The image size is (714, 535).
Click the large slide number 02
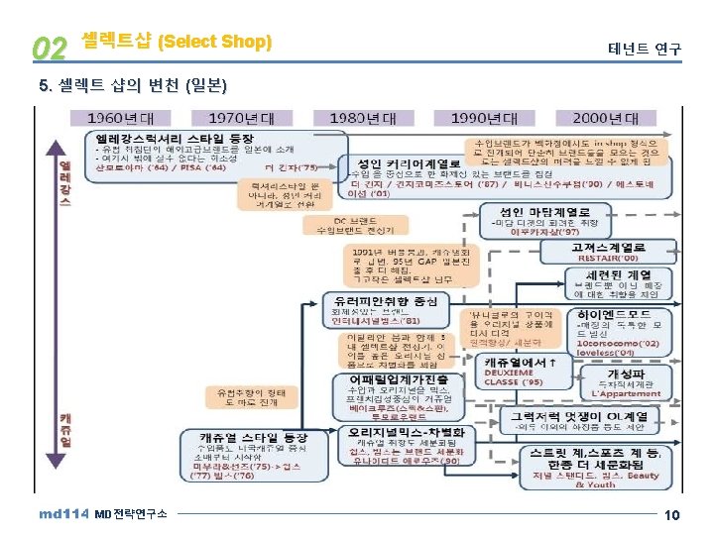[49, 47]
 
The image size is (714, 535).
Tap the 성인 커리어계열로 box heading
[408, 162]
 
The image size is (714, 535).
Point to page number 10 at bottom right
[671, 515]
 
